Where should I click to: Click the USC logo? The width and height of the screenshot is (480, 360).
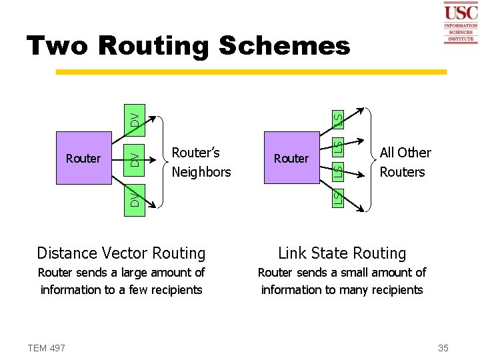(x=460, y=22)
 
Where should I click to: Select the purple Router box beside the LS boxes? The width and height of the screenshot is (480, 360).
(x=291, y=159)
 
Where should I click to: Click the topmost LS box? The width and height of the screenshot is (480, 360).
(x=338, y=119)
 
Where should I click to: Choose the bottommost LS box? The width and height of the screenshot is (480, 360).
(x=338, y=197)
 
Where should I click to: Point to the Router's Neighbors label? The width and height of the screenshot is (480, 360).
(x=201, y=162)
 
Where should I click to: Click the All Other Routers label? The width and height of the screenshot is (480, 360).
(x=405, y=162)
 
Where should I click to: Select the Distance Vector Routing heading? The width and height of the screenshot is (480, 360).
(x=121, y=253)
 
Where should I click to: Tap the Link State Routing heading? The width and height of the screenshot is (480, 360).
(x=341, y=253)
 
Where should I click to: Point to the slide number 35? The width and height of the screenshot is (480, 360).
(x=443, y=347)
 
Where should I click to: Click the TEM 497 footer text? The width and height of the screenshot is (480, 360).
(x=46, y=347)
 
